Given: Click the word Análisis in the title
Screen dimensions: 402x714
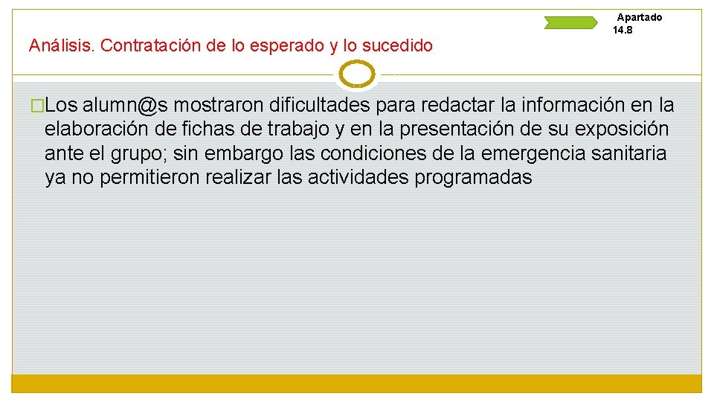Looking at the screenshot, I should pyautogui.click(x=59, y=46).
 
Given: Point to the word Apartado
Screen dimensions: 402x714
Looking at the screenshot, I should pyautogui.click(x=640, y=17).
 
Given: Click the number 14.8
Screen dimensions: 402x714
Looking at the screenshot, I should pyautogui.click(x=623, y=31).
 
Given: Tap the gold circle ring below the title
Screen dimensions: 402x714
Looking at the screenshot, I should pyautogui.click(x=358, y=74).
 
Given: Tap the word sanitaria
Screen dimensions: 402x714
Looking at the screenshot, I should pyautogui.click(x=630, y=154).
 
